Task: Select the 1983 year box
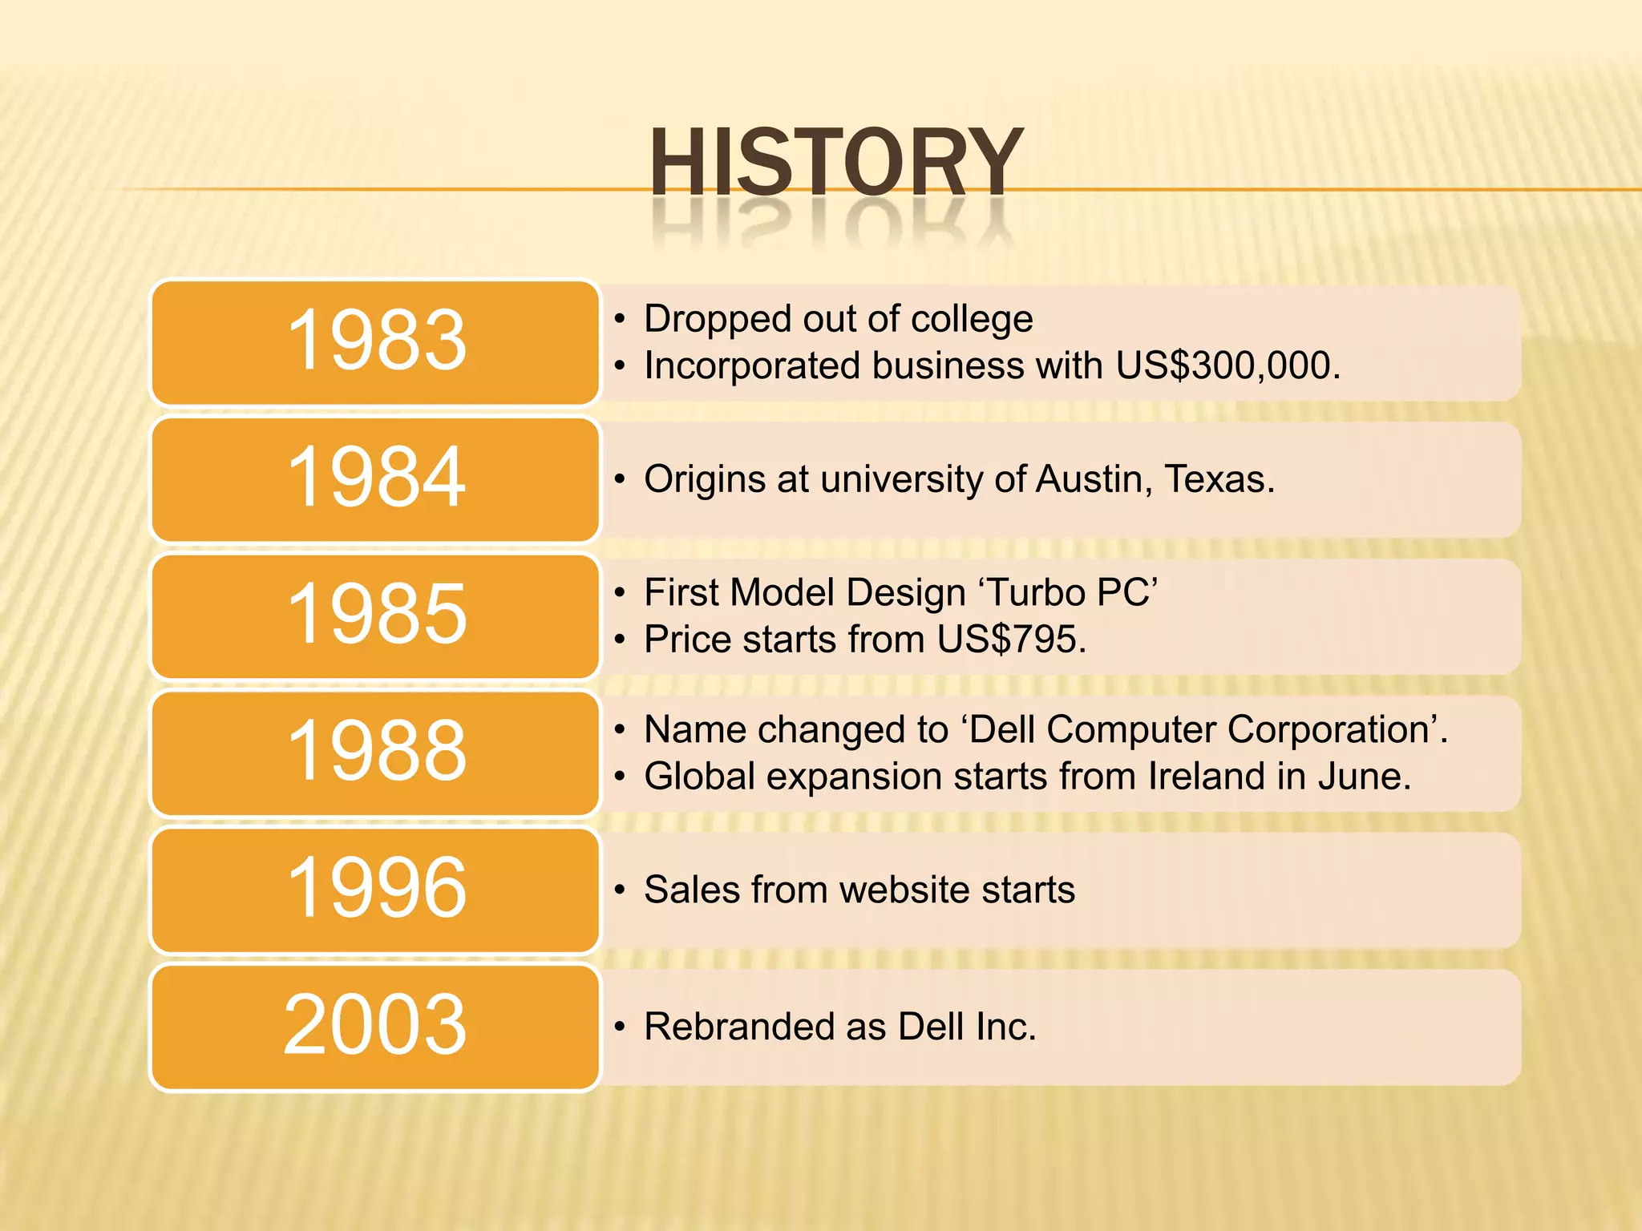(x=375, y=342)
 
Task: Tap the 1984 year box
(x=375, y=479)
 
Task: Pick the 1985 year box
(x=375, y=615)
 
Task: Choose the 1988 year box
(x=375, y=753)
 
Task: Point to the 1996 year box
(x=375, y=890)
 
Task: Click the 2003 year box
(x=375, y=1027)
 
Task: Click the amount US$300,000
(x=1227, y=366)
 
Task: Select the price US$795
(x=1010, y=640)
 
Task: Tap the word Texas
(x=1218, y=479)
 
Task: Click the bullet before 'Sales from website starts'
(x=619, y=890)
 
